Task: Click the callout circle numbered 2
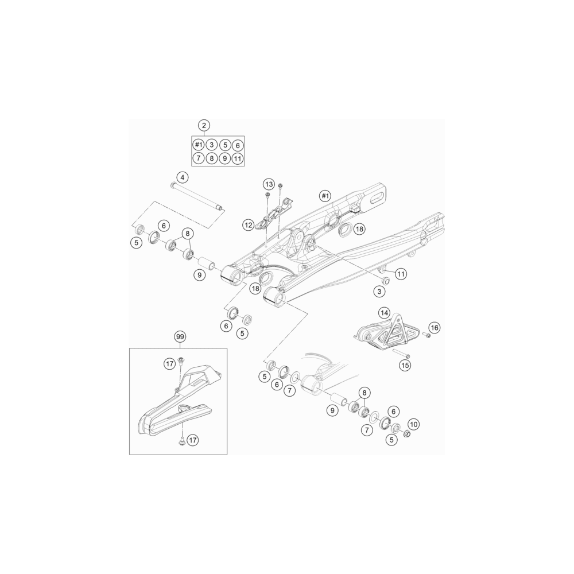[x=204, y=125]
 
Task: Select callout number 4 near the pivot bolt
[x=183, y=177]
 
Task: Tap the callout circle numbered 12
[x=249, y=225]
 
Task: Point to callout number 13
[x=269, y=184]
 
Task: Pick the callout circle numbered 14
[x=385, y=313]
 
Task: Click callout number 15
[x=405, y=365]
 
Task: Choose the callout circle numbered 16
[x=435, y=328]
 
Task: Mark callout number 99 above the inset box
[x=179, y=336]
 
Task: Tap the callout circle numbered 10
[x=414, y=424]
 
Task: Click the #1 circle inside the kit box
[x=199, y=145]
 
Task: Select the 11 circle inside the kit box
[x=238, y=158]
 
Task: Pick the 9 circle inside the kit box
[x=225, y=158]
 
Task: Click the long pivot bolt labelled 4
[x=197, y=197]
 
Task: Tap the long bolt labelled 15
[x=402, y=354]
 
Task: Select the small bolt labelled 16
[x=426, y=335]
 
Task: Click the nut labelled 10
[x=406, y=434]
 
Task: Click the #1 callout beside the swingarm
[x=325, y=196]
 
